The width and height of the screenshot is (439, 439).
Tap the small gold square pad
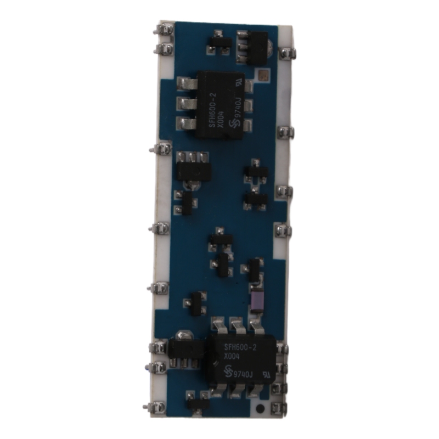(264, 75)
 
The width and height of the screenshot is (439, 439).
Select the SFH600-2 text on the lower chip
(240, 348)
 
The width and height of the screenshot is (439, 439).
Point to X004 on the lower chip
(231, 358)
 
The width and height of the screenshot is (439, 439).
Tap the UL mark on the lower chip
(265, 375)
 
